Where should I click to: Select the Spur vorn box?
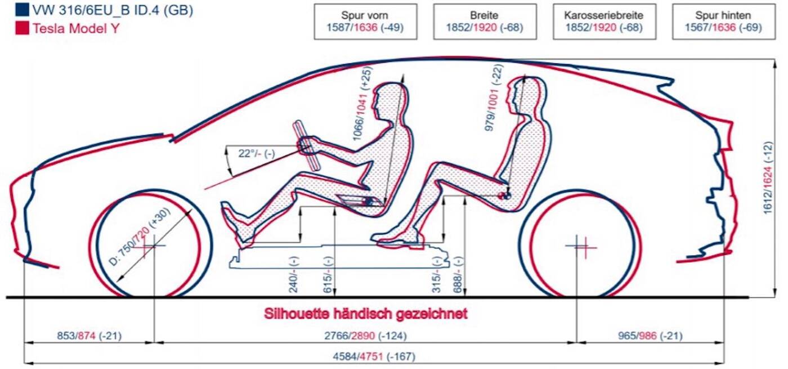366,21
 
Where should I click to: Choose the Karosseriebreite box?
605,21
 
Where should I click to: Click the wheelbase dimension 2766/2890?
366,336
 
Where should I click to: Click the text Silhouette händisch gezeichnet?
366,314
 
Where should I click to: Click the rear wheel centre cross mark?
580,245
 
